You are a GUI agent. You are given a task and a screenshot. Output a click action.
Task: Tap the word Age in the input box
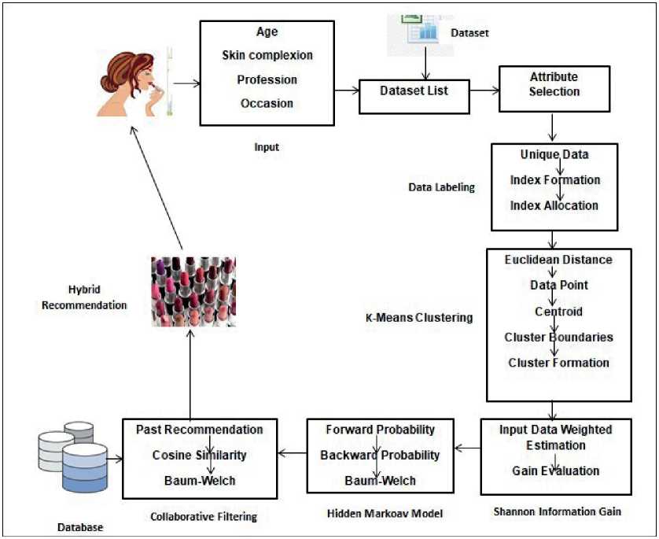click(x=267, y=32)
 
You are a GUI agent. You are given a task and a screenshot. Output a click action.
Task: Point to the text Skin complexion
click(x=267, y=56)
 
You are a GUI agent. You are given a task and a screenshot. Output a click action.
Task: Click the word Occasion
click(x=267, y=103)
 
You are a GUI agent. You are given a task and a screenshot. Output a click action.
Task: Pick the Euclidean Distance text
click(x=558, y=260)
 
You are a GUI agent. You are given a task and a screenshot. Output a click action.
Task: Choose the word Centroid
click(x=558, y=312)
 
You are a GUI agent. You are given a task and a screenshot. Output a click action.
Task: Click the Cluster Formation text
click(x=558, y=363)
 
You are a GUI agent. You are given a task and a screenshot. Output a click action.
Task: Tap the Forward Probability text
click(x=381, y=430)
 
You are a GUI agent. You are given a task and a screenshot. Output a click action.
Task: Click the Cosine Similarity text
click(x=199, y=456)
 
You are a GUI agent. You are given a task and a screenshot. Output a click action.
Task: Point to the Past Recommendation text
click(x=199, y=430)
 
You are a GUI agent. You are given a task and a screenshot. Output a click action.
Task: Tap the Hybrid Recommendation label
click(x=97, y=297)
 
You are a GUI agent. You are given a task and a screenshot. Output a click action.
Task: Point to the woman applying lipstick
click(x=130, y=79)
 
